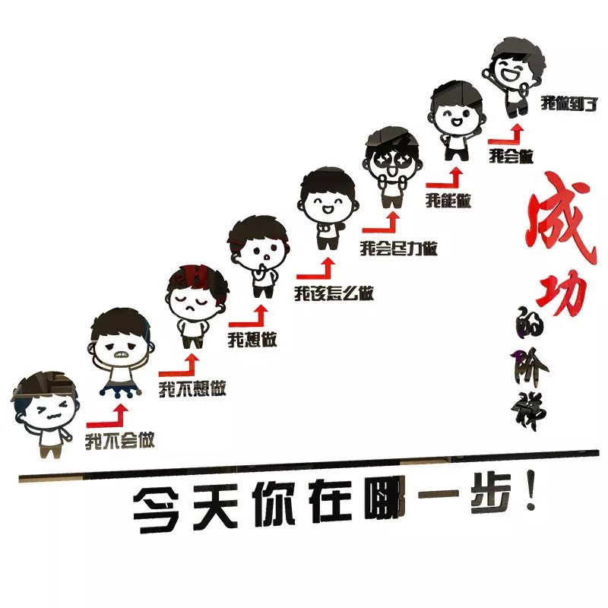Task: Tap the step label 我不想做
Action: point(192,389)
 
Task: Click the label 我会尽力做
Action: point(398,248)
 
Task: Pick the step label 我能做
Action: point(448,201)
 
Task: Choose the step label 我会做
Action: point(511,157)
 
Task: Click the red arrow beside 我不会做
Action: point(107,415)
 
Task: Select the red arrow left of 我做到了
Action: point(506,136)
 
